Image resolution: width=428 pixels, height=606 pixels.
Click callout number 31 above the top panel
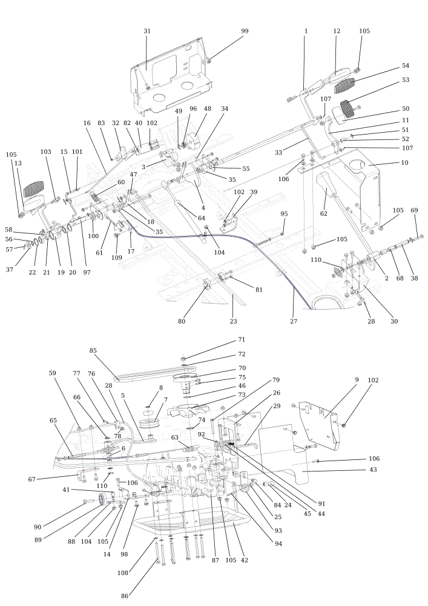(147, 31)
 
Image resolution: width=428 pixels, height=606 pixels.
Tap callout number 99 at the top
(245, 31)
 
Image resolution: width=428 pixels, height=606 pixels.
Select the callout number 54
(405, 65)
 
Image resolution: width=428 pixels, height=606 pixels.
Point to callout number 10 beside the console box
(404, 162)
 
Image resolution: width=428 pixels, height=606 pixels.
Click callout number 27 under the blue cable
(294, 321)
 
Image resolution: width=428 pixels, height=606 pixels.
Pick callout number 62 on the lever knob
(323, 213)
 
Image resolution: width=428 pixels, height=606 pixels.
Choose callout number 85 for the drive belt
(93, 350)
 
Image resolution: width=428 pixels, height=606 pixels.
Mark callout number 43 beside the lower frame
(373, 470)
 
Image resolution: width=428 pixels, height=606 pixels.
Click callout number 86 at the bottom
(125, 596)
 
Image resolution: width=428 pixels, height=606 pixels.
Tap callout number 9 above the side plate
(357, 380)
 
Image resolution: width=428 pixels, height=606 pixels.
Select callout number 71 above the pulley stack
(242, 340)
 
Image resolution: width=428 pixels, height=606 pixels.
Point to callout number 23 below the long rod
(233, 321)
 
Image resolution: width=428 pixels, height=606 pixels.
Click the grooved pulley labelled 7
(150, 422)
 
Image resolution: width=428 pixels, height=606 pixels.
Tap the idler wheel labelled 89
(103, 500)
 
